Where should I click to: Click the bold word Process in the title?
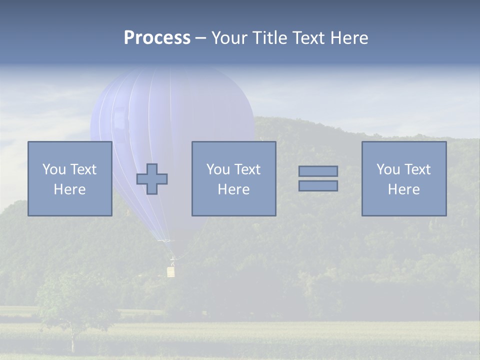click(157, 38)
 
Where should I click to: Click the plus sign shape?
click(152, 179)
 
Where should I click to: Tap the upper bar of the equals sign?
click(318, 171)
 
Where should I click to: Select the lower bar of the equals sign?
click(318, 186)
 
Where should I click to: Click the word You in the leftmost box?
click(53, 169)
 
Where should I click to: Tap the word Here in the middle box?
click(234, 189)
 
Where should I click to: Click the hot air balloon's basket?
click(171, 271)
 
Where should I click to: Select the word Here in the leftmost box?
click(70, 189)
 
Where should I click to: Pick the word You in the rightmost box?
click(387, 169)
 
